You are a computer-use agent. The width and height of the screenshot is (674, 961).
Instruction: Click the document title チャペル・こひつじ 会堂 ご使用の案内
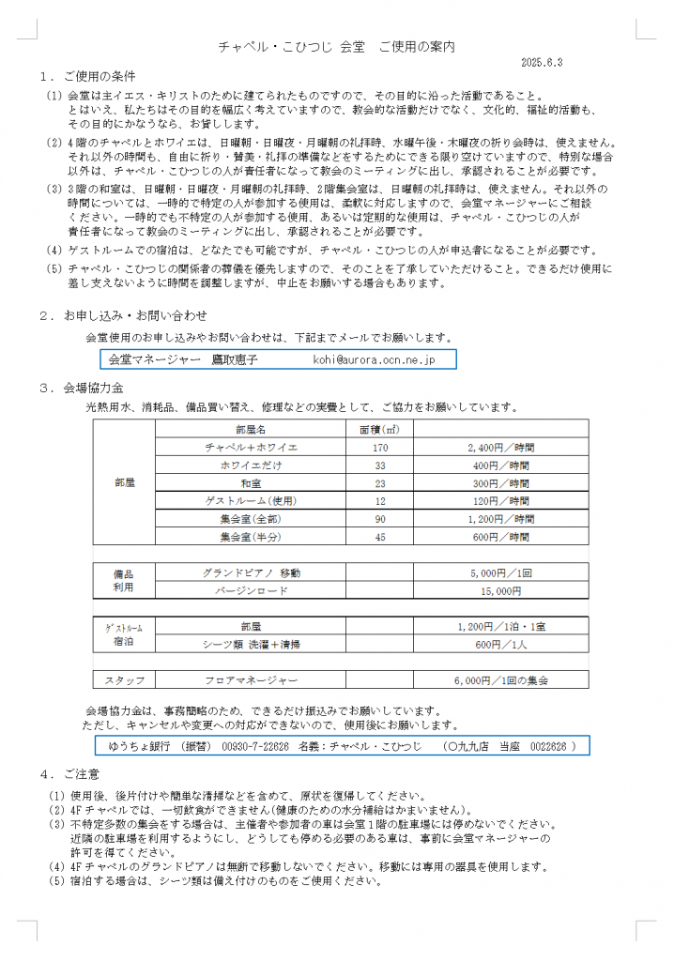coord(336,45)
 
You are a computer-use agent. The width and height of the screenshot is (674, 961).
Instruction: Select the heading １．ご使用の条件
coord(88,75)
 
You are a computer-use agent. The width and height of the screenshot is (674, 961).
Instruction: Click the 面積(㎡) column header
coord(379,430)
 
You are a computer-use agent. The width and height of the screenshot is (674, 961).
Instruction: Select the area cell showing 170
coord(379,448)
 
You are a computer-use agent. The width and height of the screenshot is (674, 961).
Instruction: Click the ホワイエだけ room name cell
coord(251,465)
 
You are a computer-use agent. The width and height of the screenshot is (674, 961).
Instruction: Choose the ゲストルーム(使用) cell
coord(251,501)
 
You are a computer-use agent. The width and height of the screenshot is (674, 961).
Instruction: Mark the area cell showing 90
coord(379,519)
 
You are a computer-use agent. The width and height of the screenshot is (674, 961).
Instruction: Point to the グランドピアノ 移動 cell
coord(251,572)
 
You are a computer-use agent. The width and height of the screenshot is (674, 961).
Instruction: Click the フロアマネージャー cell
coord(251,679)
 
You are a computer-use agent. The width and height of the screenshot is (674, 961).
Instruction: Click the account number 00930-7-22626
coord(254,745)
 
